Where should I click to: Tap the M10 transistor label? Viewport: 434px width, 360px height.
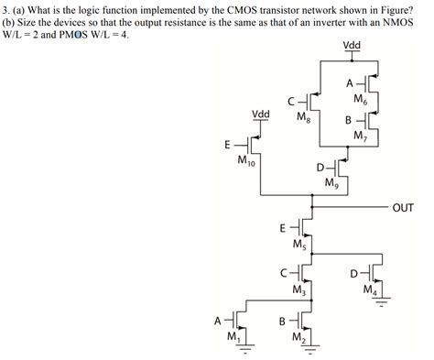246,163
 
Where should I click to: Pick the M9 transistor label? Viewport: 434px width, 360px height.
331,183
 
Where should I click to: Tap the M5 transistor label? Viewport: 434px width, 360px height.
299,245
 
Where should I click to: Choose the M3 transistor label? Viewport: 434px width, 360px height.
299,290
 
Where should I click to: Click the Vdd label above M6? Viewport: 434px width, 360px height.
351,46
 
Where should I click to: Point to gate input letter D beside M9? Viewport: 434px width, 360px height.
320,167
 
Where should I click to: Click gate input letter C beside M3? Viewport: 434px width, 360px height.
287,272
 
